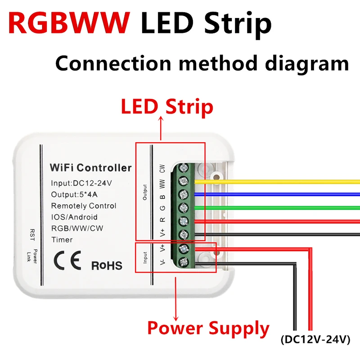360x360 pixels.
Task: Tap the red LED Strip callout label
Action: click(166, 107)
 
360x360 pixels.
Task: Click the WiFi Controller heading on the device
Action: click(90, 168)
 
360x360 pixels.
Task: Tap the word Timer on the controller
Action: click(62, 239)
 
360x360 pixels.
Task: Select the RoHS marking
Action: click(107, 265)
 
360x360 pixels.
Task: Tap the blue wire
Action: click(279, 194)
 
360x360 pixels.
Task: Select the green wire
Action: click(279, 207)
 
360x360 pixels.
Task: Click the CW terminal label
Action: click(162, 169)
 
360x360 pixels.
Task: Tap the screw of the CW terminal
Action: click(184, 169)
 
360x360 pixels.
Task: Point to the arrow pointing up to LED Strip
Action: click(161, 128)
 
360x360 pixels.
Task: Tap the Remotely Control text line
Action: click(83, 206)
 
